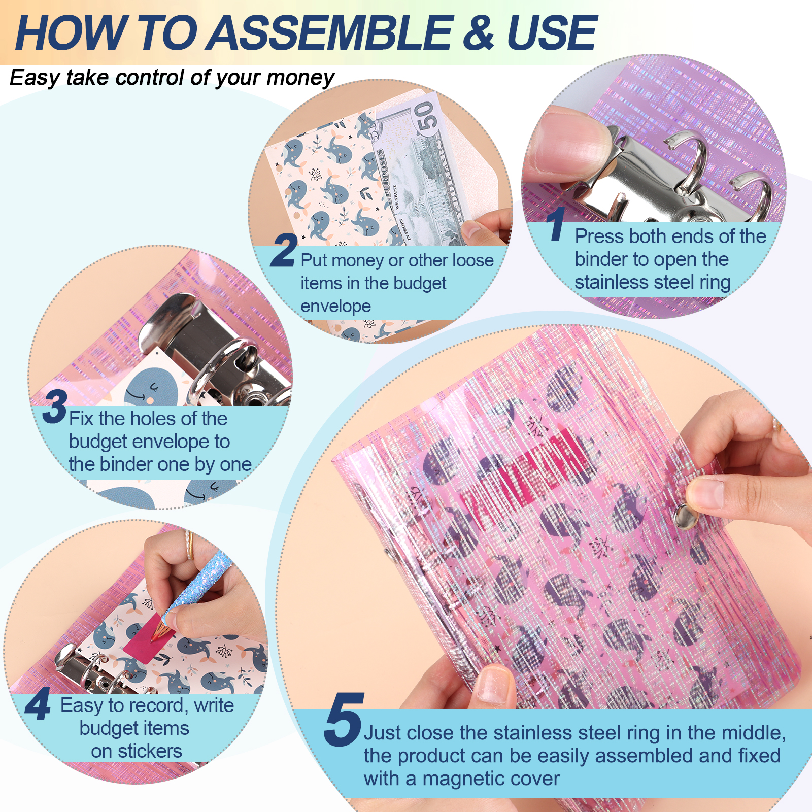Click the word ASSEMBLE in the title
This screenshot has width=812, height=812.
pyautogui.click(x=331, y=33)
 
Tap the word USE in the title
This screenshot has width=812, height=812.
pyautogui.click(x=552, y=33)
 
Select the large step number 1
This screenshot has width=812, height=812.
pyautogui.click(x=556, y=224)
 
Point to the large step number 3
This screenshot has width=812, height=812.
pyautogui.click(x=55, y=407)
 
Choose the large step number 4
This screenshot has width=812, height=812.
pyautogui.click(x=38, y=703)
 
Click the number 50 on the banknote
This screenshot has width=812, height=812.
pyautogui.click(x=425, y=117)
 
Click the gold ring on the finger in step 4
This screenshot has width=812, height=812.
pyautogui.click(x=189, y=545)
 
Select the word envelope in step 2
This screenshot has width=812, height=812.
pyautogui.click(x=335, y=307)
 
